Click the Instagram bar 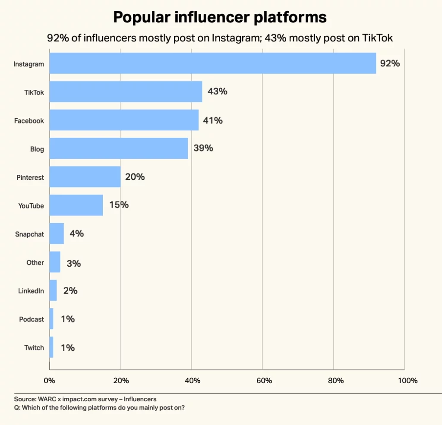(x=213, y=63)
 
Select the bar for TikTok (x=126, y=91)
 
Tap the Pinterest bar (x=85, y=177)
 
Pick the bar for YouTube (x=76, y=205)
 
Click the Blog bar (x=119, y=148)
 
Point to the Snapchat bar (x=57, y=233)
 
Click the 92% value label (x=390, y=63)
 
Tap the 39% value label (x=203, y=148)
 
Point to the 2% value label (x=70, y=290)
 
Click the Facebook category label (x=29, y=121)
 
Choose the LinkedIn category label (x=31, y=291)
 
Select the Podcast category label (x=32, y=319)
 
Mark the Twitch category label (x=34, y=347)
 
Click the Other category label (x=35, y=262)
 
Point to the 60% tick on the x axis (x=264, y=381)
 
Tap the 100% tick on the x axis (x=408, y=381)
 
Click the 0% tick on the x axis (x=50, y=381)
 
